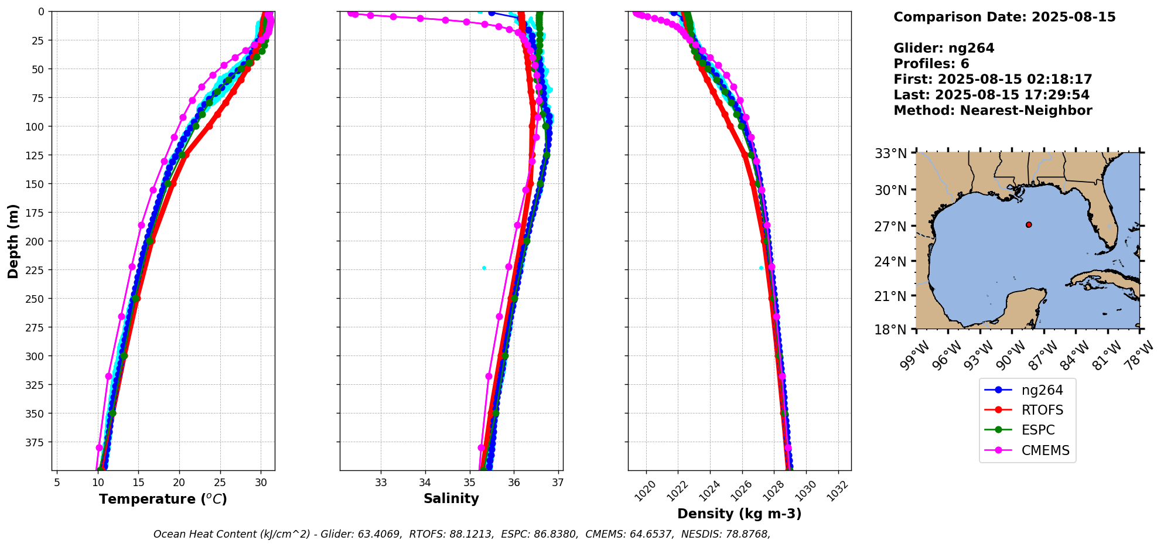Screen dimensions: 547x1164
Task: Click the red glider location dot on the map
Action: [1029, 224]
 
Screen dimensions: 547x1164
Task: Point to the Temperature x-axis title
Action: [163, 499]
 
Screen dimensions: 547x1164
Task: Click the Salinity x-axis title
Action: [451, 498]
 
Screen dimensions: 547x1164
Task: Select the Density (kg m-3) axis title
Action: [739, 514]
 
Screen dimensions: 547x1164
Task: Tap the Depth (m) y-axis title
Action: [13, 241]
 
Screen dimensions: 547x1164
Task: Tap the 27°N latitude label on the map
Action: [890, 226]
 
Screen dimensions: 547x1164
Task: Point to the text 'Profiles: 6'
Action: [931, 64]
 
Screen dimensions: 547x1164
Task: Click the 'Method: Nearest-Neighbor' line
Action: [992, 111]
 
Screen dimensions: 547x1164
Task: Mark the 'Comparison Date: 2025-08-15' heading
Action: [1004, 17]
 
